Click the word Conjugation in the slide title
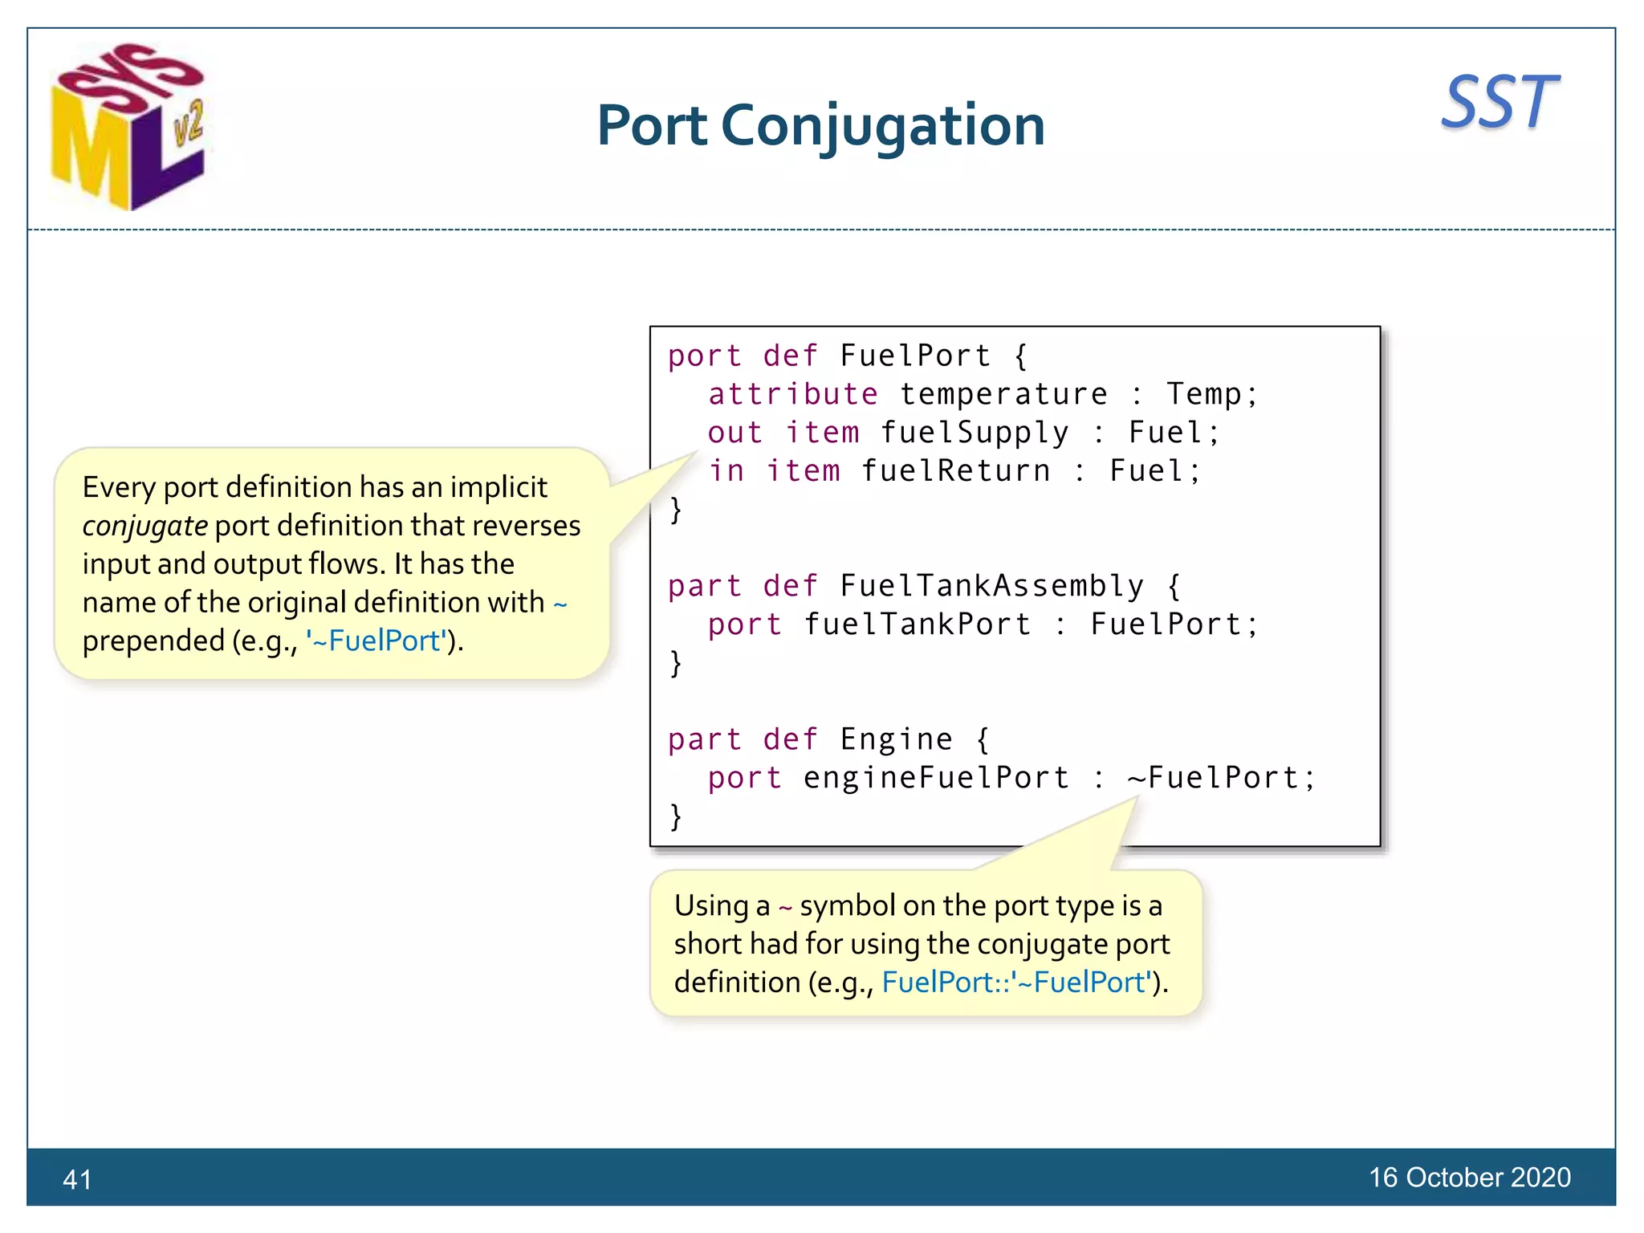point(883,127)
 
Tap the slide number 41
point(77,1179)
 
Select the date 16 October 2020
point(1469,1177)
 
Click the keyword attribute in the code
point(792,394)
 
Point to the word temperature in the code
point(1003,394)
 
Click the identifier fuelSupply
point(975,433)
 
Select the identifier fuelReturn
point(955,471)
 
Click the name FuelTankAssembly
point(991,586)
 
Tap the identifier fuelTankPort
point(917,625)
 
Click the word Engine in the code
point(896,739)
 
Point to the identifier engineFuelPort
point(936,778)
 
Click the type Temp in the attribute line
point(1203,394)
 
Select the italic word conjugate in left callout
point(145,526)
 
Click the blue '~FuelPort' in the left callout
point(376,641)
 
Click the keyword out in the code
point(734,433)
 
